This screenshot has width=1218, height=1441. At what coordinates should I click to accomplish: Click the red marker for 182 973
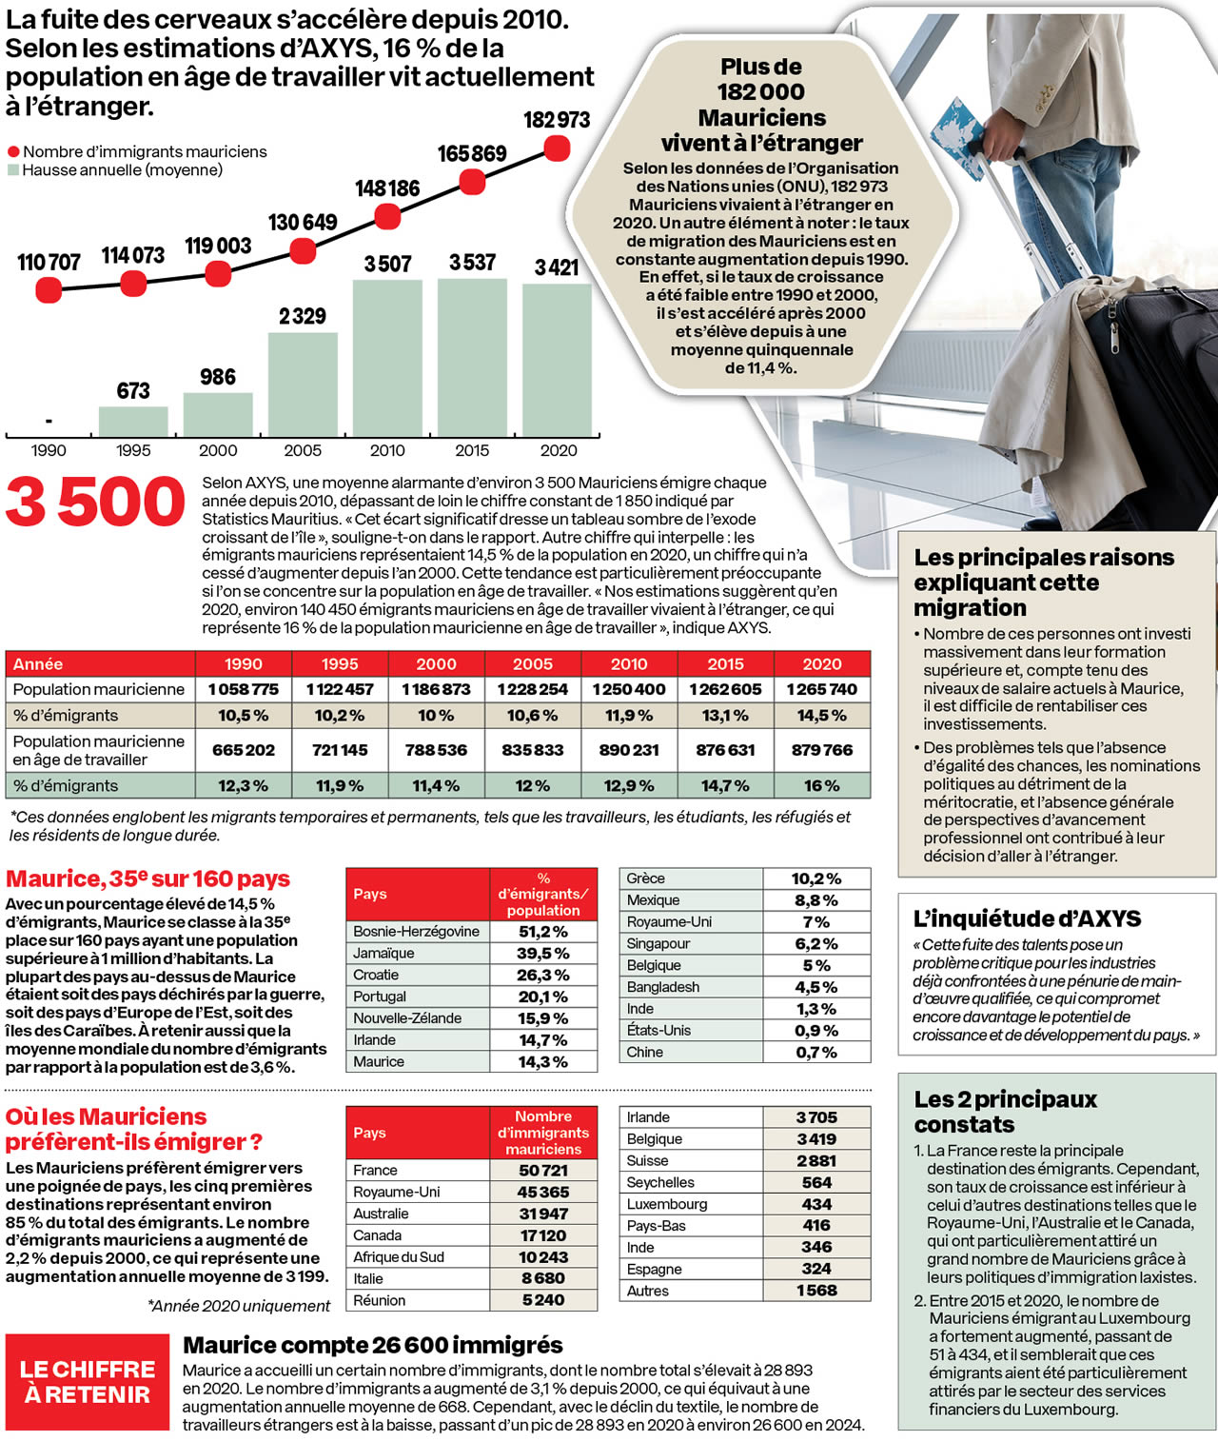pyautogui.click(x=557, y=148)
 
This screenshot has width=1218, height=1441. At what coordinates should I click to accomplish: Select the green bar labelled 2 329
pyautogui.click(x=303, y=385)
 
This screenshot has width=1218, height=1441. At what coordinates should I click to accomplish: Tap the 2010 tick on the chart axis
pyautogui.click(x=387, y=450)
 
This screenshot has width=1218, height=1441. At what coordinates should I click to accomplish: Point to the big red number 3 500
pyautogui.click(x=95, y=503)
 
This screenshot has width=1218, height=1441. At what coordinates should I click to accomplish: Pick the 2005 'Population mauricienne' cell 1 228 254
pyautogui.click(x=532, y=689)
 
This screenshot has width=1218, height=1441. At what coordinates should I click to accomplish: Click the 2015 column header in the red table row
pyautogui.click(x=725, y=663)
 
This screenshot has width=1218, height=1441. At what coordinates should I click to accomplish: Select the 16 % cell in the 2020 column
pyautogui.click(x=821, y=786)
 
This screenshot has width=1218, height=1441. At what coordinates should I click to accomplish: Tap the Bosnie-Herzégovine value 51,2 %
pyautogui.click(x=542, y=932)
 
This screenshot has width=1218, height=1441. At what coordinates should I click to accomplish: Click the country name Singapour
pyautogui.click(x=657, y=943)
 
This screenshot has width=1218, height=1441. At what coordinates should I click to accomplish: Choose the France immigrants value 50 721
pyautogui.click(x=542, y=1171)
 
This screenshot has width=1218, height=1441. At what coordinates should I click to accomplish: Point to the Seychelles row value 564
pyautogui.click(x=816, y=1182)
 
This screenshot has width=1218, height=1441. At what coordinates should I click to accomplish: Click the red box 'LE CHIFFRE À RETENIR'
pyautogui.click(x=88, y=1382)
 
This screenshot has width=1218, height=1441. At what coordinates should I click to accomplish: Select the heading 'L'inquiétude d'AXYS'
pyautogui.click(x=1027, y=918)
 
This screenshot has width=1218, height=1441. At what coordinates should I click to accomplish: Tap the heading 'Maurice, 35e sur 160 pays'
pyautogui.click(x=148, y=878)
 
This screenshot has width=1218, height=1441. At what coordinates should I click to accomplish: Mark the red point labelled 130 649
pyautogui.click(x=303, y=250)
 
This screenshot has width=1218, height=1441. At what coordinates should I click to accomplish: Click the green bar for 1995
pyautogui.click(x=133, y=422)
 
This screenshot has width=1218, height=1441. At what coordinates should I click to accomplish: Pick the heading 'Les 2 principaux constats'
pyautogui.click(x=1005, y=1112)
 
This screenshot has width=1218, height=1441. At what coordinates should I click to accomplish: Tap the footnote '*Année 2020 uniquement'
pyautogui.click(x=239, y=1306)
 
